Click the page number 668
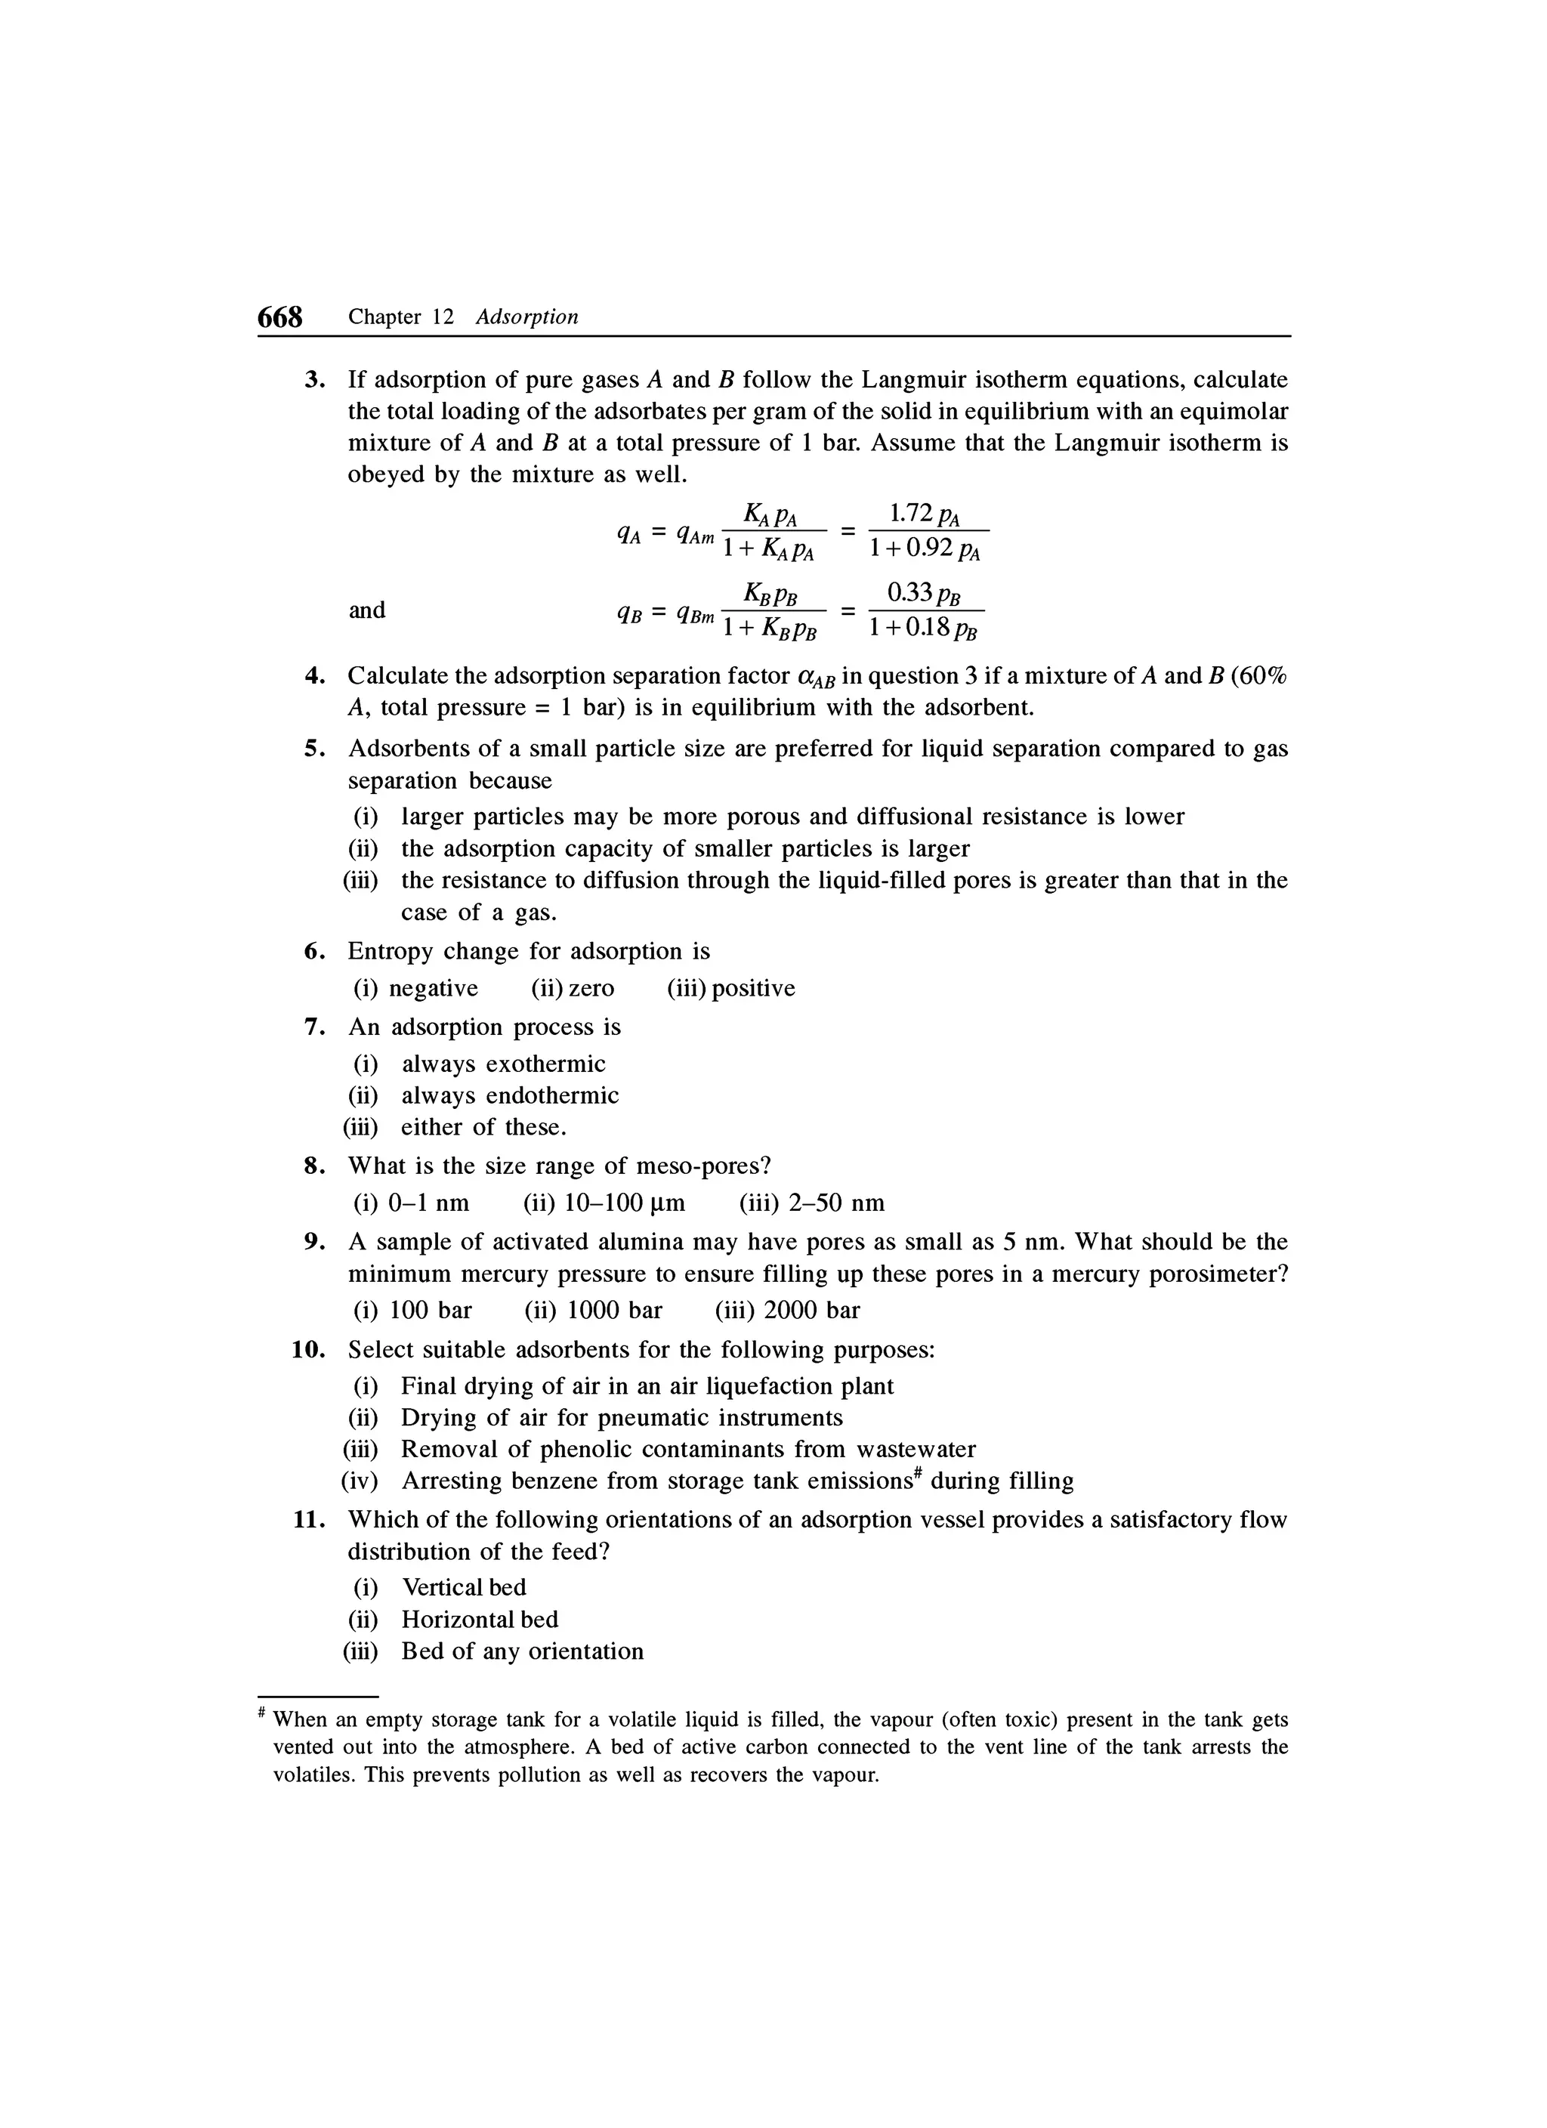(280, 317)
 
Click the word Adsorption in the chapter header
(526, 317)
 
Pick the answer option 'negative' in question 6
(433, 988)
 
